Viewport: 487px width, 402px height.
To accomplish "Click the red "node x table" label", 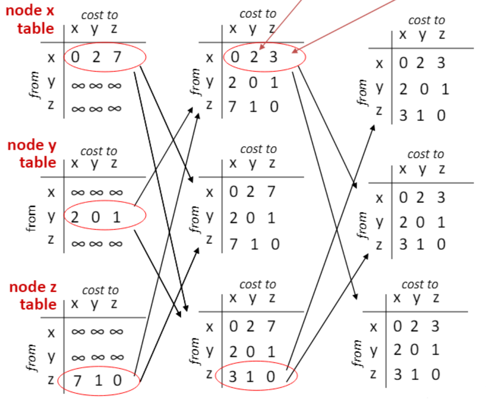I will (30, 20).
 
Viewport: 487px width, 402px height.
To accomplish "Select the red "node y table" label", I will (32, 153).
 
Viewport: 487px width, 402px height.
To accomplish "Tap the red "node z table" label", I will (33, 296).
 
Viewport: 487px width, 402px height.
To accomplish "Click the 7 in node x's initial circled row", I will (116, 58).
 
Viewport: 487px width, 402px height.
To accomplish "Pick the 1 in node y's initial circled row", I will (116, 217).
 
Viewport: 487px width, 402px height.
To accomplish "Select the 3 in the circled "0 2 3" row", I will (273, 58).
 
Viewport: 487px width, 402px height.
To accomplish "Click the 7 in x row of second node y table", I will (272, 192).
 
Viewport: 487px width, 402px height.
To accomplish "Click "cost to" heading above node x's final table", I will (426, 20).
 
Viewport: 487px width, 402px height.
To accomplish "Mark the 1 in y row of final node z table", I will (436, 349).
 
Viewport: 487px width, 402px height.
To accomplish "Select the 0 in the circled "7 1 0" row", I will (117, 380).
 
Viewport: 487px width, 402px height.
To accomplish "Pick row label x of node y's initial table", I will (51, 192).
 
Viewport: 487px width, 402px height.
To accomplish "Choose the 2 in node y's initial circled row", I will (74, 217).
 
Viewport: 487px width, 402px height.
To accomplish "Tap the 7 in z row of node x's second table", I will (233, 107).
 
